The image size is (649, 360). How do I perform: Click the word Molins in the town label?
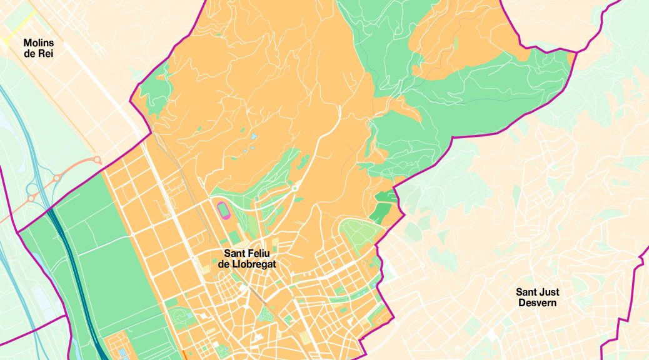pyautogui.click(x=39, y=42)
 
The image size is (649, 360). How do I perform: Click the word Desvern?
pyautogui.click(x=538, y=303)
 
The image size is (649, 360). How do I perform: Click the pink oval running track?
pyautogui.click(x=223, y=209)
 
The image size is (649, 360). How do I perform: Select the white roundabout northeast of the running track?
pyautogui.click(x=294, y=187)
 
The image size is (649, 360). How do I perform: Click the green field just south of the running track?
pyautogui.click(x=234, y=237)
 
